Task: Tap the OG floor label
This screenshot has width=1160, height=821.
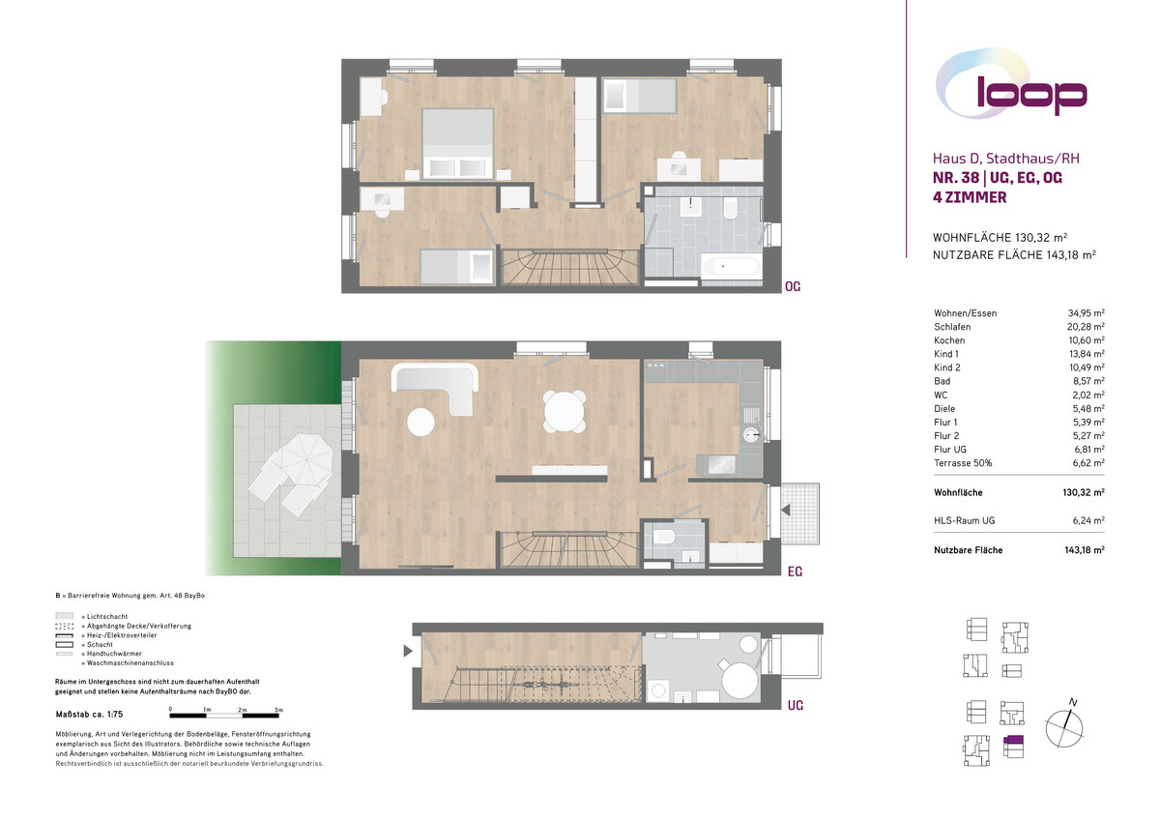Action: pos(793,286)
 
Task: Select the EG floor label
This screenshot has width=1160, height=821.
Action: pos(795,572)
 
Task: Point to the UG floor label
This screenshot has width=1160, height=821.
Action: pos(795,706)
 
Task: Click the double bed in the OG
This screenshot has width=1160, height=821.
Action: pos(457,143)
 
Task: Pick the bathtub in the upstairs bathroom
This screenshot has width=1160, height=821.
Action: pos(731,266)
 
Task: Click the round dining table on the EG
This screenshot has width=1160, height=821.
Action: pos(564,412)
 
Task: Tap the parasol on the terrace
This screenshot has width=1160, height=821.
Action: pos(307,459)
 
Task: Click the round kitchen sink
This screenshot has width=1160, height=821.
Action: pos(750,434)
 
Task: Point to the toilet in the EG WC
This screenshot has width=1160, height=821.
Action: pos(663,536)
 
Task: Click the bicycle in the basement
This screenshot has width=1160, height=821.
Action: pos(549,685)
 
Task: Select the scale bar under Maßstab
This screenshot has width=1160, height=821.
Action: pos(224,716)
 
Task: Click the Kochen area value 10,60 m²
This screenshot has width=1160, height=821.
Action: pos(1086,340)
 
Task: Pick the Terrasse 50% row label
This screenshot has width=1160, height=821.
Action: pos(963,463)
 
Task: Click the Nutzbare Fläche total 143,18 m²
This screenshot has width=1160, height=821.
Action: pos(1085,550)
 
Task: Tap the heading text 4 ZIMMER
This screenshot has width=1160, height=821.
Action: pos(970,197)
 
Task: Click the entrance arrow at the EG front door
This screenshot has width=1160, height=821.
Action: pos(786,510)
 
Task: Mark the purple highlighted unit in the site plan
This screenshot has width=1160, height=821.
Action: pos(1013,739)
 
